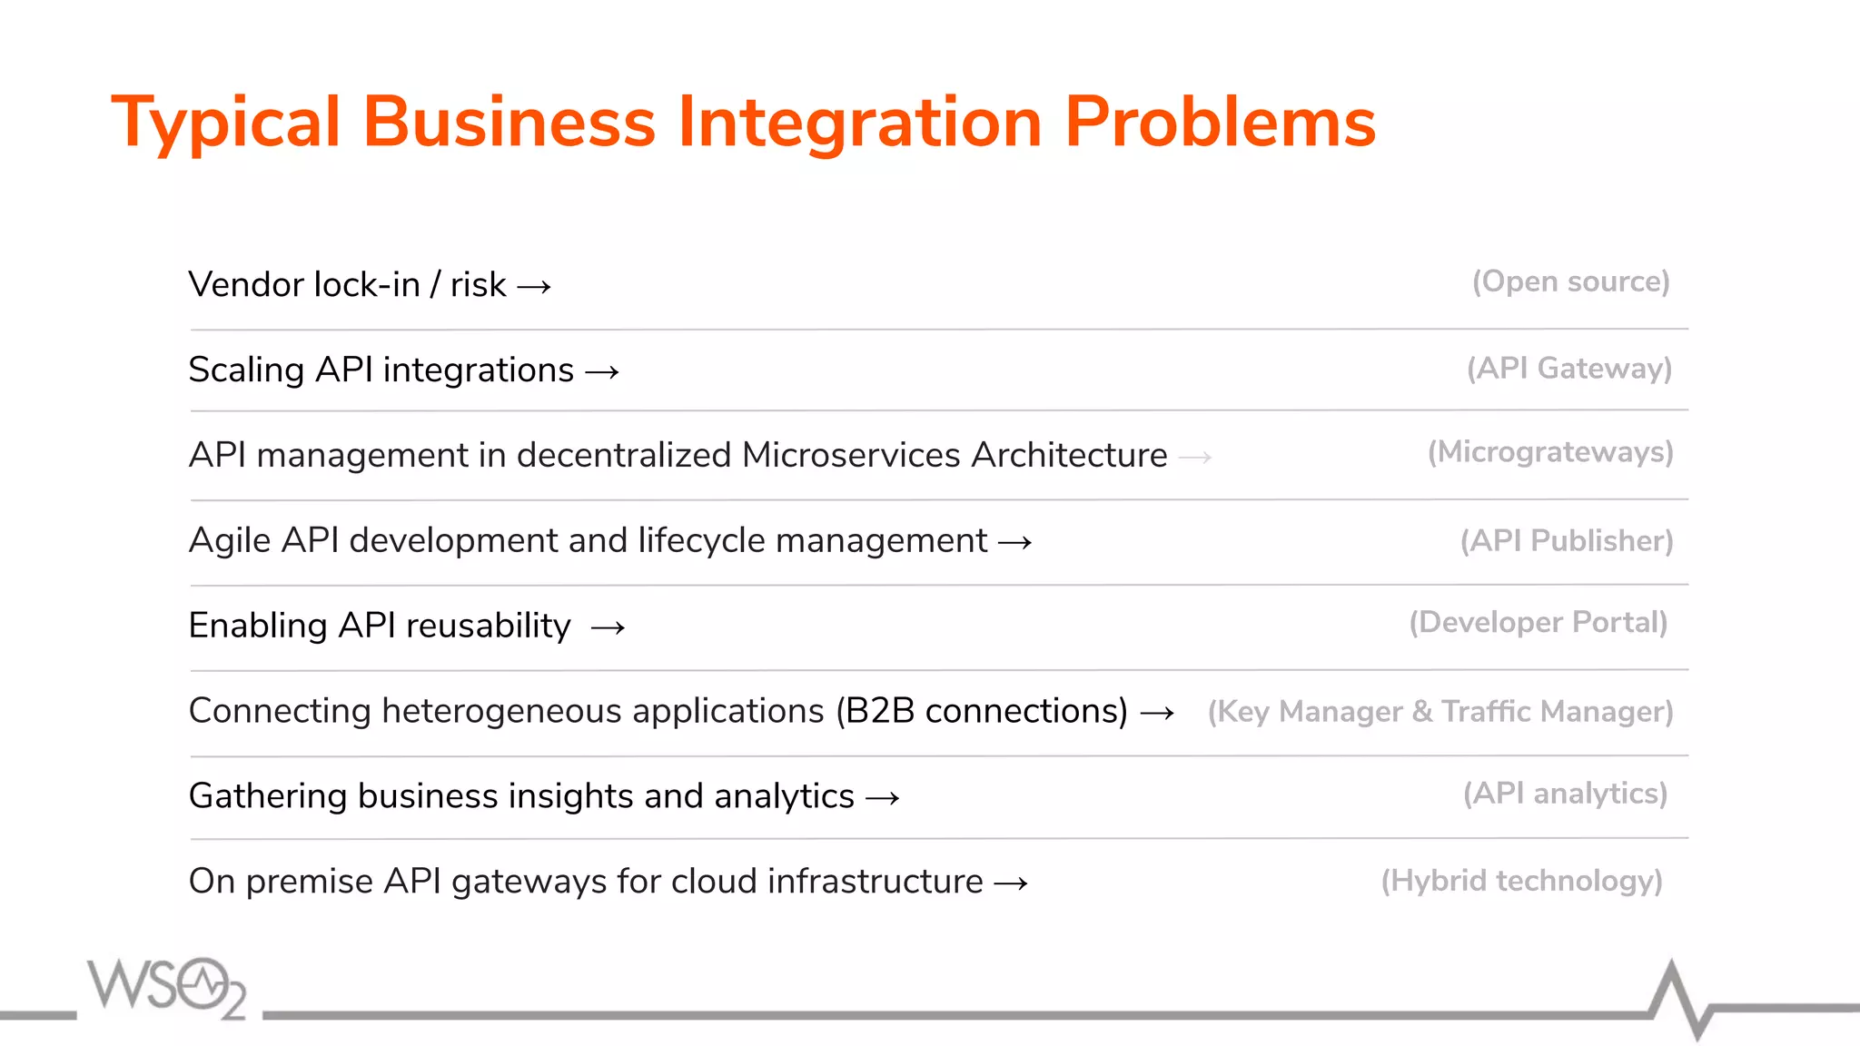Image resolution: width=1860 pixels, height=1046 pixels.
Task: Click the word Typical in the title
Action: pos(225,123)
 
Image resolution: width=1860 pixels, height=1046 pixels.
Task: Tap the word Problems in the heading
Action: pos(1220,123)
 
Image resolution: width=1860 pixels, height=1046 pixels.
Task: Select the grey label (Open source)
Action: pos(1570,281)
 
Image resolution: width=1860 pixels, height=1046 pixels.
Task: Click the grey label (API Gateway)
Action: pos(1568,368)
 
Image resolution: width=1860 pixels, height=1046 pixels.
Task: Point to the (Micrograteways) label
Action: pos(1549,452)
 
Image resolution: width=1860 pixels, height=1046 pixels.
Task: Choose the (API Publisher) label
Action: pos(1566,541)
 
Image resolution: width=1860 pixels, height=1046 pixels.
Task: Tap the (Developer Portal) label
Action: pos(1538,623)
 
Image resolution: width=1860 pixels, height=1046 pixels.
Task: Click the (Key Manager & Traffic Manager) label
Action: pos(1440,712)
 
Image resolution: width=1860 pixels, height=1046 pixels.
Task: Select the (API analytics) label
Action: pos(1565,794)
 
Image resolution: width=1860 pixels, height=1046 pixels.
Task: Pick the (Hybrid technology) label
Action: pos(1521,881)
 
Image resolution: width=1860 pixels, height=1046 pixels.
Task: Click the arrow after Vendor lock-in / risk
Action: pos(534,288)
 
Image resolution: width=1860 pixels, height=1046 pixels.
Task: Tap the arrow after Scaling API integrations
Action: pos(602,372)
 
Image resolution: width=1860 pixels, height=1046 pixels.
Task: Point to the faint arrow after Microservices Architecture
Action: pos(1194,458)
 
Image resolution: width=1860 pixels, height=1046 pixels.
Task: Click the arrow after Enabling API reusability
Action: pos(608,628)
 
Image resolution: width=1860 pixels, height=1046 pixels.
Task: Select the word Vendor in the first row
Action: pos(245,285)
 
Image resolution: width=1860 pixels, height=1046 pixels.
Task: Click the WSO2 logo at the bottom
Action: pos(166,987)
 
